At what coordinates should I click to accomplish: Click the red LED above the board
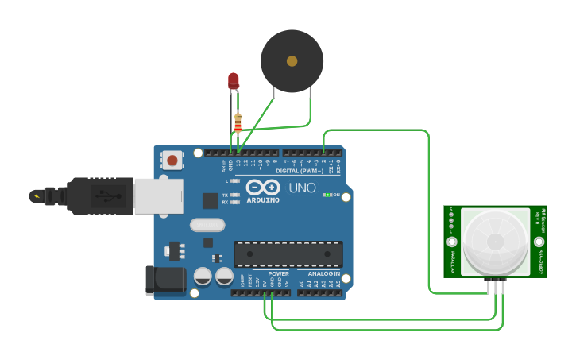click(233, 80)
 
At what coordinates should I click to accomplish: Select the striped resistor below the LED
click(238, 122)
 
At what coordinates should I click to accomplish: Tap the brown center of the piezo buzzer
click(292, 60)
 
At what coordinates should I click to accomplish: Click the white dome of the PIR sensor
click(495, 241)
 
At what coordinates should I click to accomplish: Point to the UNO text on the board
click(300, 189)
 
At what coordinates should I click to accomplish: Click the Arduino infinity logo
click(263, 188)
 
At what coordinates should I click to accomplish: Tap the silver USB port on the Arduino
click(158, 195)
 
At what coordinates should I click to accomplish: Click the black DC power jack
click(164, 281)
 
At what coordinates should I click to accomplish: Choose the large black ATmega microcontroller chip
click(288, 254)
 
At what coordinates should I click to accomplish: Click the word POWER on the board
click(278, 274)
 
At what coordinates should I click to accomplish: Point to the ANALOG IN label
click(324, 274)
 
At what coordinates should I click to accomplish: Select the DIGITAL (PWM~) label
click(300, 171)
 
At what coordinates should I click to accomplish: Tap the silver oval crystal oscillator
click(207, 225)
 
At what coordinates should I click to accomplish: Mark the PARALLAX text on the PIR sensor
click(453, 261)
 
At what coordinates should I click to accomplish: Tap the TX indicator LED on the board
click(234, 195)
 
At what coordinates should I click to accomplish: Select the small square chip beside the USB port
click(210, 201)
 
